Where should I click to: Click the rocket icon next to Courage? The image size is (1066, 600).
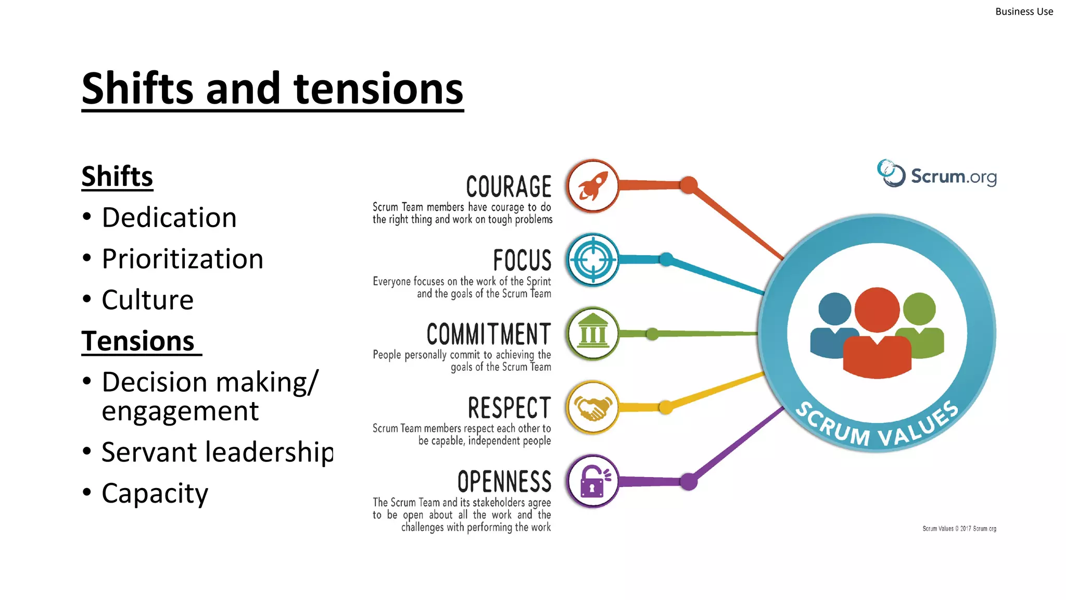(592, 186)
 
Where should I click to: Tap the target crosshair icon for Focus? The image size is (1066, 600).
(592, 260)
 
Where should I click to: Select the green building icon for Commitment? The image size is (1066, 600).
(592, 334)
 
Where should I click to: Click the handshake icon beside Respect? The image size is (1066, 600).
(592, 408)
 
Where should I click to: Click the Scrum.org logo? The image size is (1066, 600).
(937, 175)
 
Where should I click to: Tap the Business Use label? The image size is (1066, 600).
(1023, 11)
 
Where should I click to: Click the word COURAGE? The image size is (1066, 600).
(509, 186)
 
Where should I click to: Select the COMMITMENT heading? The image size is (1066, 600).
(488, 334)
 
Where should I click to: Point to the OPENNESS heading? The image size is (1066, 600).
(504, 482)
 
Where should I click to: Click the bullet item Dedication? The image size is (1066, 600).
(169, 217)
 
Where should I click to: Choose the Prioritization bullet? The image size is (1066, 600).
(182, 259)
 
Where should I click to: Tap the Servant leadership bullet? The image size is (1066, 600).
(217, 452)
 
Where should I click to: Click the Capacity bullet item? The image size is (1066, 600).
(155, 493)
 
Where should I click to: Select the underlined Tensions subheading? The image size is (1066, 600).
(138, 341)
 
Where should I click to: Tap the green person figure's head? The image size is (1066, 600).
(919, 309)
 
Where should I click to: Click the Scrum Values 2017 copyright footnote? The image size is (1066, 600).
(959, 529)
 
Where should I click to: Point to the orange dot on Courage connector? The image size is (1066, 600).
(689, 185)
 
